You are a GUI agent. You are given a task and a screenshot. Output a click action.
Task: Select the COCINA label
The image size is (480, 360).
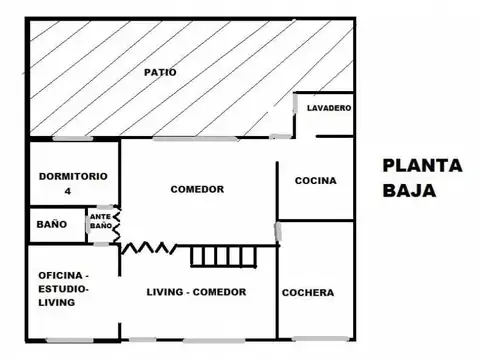(316, 181)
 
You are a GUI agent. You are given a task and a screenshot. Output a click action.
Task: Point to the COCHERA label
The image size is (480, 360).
(308, 293)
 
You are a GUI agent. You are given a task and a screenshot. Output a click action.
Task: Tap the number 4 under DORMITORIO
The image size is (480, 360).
(69, 190)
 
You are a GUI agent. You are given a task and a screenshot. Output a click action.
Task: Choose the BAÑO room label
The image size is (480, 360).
(52, 224)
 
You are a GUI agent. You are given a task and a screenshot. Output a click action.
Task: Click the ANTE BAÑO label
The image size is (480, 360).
(100, 221)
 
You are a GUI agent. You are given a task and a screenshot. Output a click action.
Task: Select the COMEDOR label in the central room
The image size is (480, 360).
(197, 189)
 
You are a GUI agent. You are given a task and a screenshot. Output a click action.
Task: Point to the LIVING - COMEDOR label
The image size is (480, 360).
(197, 292)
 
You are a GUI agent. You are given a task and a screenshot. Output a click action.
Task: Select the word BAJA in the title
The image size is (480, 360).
(408, 189)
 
